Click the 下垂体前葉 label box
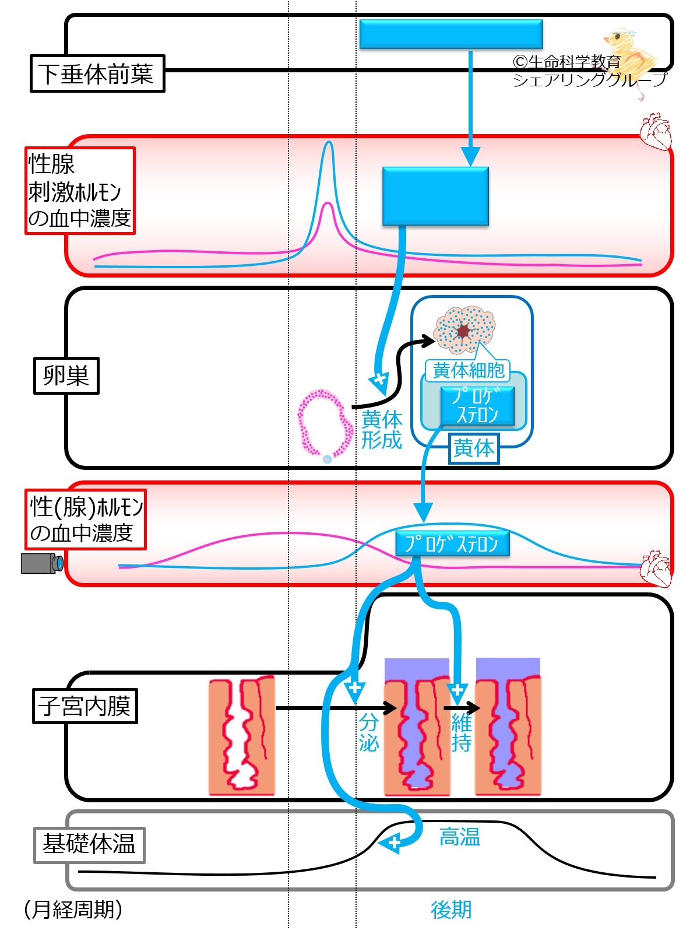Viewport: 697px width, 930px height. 97,73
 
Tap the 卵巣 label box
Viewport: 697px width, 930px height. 66,375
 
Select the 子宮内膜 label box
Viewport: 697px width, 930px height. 85,706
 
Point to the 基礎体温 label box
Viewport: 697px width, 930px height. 89,845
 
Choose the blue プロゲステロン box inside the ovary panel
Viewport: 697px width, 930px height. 477,406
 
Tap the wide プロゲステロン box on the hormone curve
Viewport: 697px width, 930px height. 452,543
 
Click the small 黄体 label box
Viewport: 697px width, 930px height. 474,448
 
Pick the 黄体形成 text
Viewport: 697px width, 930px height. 382,430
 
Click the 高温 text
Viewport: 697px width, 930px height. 460,837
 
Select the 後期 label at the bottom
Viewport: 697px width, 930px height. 451,910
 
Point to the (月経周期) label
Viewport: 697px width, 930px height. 73,909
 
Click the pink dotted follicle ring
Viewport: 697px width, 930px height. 325,425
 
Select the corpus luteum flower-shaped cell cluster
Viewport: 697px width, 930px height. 464,329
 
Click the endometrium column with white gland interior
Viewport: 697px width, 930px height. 242,735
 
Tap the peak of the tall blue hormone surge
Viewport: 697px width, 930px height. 329,142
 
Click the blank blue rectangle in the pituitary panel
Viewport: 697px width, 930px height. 451,34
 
